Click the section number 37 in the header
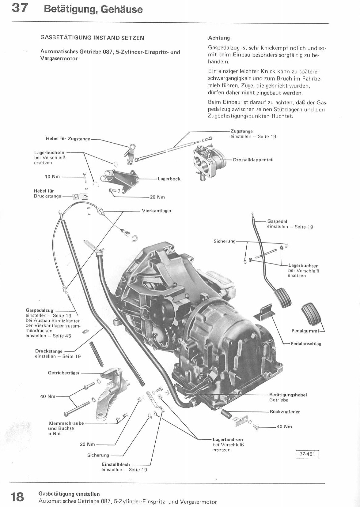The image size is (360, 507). coord(20,8)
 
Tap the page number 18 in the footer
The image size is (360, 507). coord(17,497)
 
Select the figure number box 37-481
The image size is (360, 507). coord(307,454)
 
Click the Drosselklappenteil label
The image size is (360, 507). coord(253,160)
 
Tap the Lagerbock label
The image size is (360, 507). coord(169,179)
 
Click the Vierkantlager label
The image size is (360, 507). coord(157,211)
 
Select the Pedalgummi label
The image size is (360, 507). coord(305,331)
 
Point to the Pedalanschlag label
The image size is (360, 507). coord(306,344)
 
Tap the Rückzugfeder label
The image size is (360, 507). coord(285,412)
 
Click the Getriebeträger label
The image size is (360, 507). coord(64,373)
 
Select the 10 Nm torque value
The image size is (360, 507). coord(52,177)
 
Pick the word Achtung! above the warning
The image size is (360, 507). coord(220,38)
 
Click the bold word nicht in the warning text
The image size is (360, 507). coord(248,93)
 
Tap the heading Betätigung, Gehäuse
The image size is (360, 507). coord(93,9)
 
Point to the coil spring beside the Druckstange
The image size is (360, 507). coord(97,354)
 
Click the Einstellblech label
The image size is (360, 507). coord(116,464)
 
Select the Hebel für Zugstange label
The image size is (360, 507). coord(68,139)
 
